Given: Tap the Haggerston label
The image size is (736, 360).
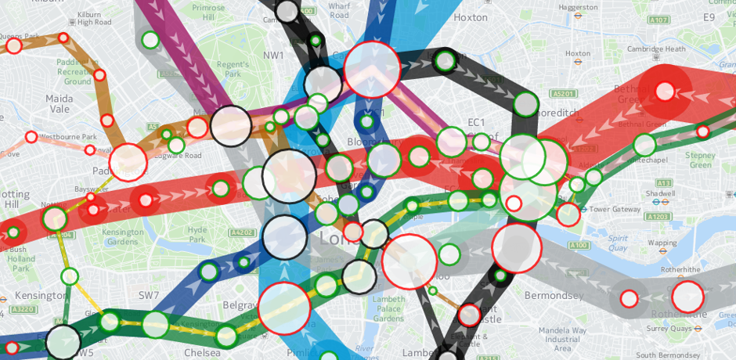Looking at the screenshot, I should [x=577, y=7].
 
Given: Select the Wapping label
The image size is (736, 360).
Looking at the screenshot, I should [x=662, y=243].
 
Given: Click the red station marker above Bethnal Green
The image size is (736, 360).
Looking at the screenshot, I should [x=665, y=92].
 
